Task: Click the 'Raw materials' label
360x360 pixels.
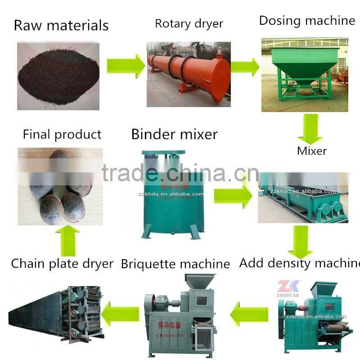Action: click(61, 25)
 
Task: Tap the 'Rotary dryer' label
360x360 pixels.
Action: click(189, 23)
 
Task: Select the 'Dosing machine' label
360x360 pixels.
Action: click(307, 21)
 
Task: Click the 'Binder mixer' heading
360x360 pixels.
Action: click(174, 134)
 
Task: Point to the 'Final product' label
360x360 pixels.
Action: click(62, 135)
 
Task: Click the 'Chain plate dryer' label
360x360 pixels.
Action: click(62, 264)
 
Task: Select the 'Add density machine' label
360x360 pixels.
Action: click(299, 263)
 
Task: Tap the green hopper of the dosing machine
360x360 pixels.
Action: click(304, 63)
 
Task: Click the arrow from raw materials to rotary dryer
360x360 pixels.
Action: click(125, 66)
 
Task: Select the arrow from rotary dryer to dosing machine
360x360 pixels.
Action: click(245, 67)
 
